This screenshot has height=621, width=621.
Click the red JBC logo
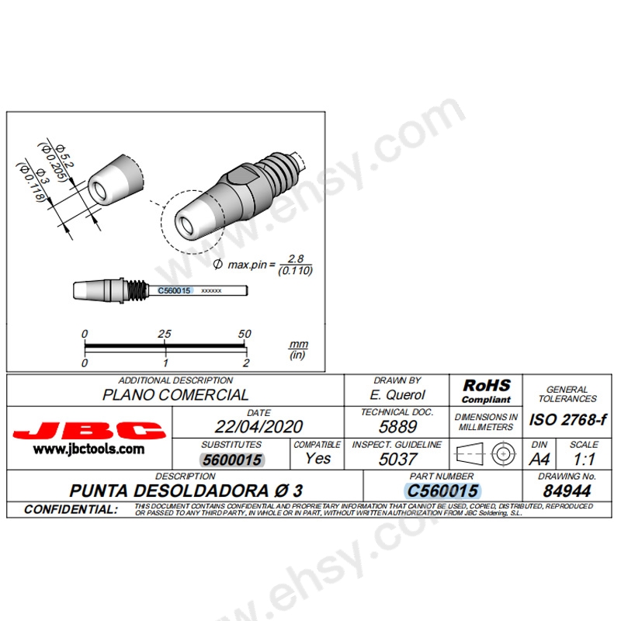[89, 430]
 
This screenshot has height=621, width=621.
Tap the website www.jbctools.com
[88, 449]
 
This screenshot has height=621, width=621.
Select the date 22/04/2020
[258, 426]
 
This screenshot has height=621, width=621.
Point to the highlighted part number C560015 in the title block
[442, 491]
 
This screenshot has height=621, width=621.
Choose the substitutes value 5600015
[231, 459]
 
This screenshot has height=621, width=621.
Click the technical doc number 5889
[397, 426]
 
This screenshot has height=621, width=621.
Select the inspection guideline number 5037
[397, 459]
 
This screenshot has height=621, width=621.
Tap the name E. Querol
[397, 394]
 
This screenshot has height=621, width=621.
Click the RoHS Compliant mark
[486, 390]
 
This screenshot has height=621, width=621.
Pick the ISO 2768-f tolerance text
[568, 420]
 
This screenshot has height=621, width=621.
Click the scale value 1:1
[583, 459]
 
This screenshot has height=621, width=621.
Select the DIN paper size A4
[539, 459]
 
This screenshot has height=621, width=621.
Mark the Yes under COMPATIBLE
[317, 458]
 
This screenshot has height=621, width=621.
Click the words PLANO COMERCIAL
[175, 394]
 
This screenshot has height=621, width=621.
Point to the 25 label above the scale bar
[165, 334]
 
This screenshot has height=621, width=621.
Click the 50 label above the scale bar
[245, 334]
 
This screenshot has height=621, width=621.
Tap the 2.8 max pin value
[295, 258]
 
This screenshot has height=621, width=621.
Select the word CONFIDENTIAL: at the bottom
[71, 510]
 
